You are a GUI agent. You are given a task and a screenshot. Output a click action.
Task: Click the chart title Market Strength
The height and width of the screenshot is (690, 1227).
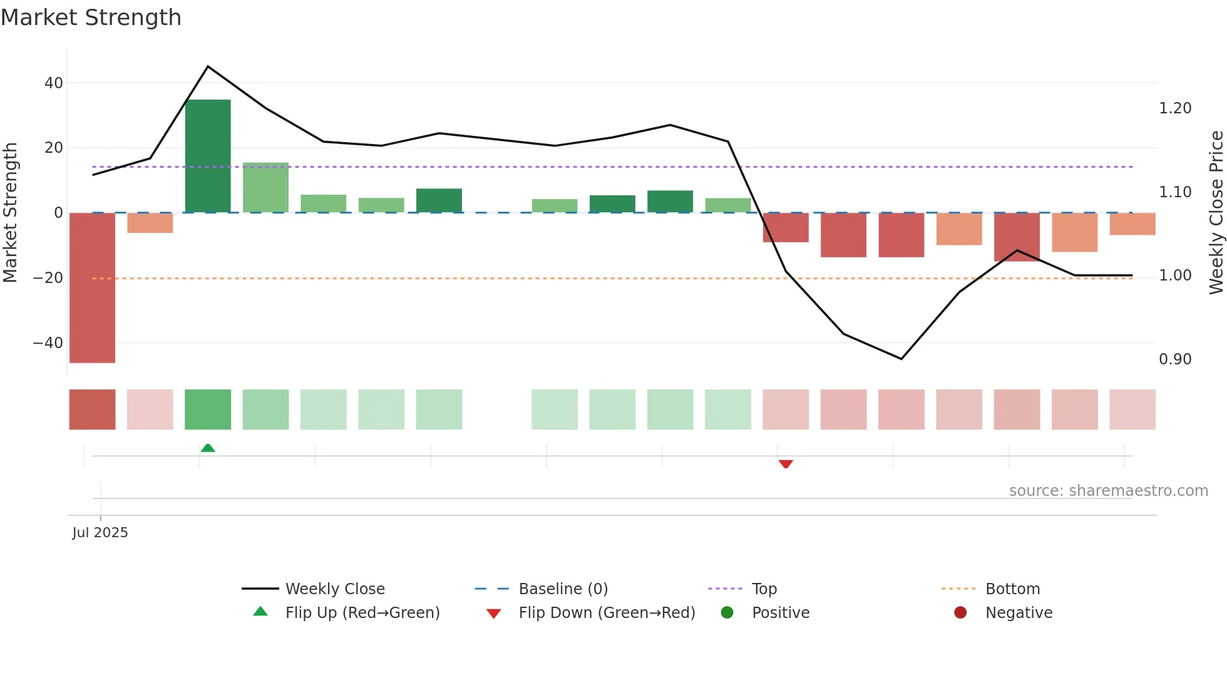click(x=91, y=18)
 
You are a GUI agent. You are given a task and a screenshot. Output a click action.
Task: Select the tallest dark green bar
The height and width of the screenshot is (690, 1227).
click(x=208, y=156)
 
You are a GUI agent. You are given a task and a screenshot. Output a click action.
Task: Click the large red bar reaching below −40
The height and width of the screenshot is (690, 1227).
click(x=92, y=287)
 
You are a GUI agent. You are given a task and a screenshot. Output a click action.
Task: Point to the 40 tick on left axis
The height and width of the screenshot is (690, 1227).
click(x=54, y=83)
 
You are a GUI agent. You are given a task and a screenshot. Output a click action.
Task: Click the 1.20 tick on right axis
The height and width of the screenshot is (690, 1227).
click(x=1175, y=108)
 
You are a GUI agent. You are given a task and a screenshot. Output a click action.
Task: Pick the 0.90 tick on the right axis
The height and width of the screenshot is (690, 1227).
click(x=1175, y=359)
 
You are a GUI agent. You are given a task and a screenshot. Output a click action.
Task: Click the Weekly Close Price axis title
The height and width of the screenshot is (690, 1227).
click(x=1216, y=212)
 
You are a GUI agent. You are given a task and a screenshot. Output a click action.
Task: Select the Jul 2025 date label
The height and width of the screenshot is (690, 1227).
click(x=100, y=533)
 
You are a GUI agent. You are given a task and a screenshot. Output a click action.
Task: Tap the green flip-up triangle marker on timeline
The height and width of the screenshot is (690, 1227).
click(x=208, y=448)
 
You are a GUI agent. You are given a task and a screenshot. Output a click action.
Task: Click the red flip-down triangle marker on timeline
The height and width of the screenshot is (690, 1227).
click(x=786, y=464)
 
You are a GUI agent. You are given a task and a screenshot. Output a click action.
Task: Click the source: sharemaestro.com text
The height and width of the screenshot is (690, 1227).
click(x=1108, y=491)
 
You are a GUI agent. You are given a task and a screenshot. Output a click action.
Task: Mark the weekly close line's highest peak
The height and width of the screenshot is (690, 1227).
click(x=208, y=66)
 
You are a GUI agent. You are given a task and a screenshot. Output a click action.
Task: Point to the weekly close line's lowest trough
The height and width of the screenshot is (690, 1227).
click(x=901, y=359)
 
